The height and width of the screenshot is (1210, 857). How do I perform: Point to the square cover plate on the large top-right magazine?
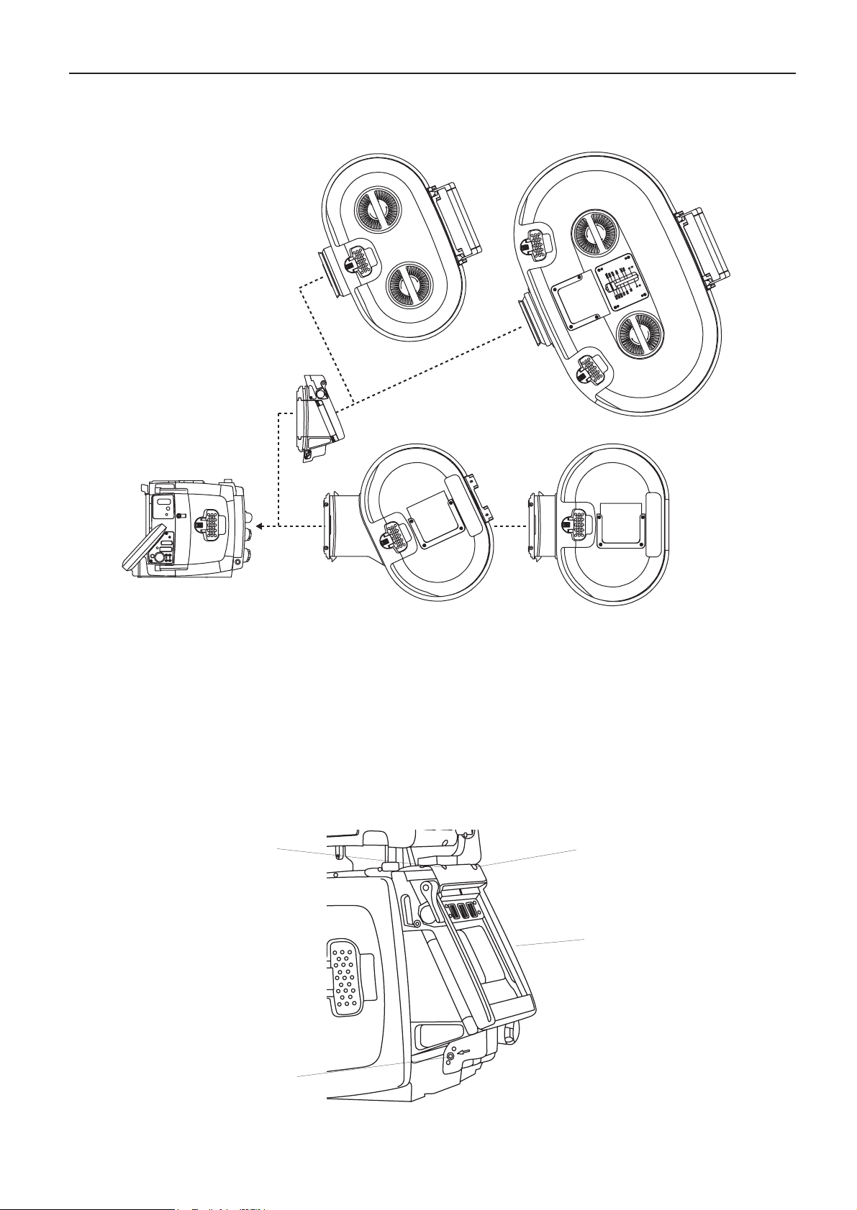[x=576, y=303]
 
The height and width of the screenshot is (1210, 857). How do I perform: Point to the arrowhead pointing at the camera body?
[x=263, y=526]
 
